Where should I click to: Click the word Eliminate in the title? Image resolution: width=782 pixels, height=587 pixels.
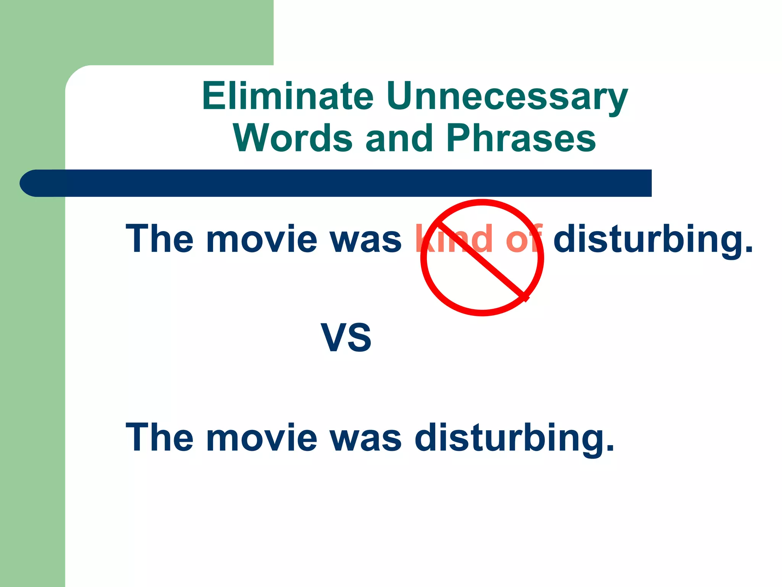point(288,96)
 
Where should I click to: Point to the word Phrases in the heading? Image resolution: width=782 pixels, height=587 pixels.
point(521,138)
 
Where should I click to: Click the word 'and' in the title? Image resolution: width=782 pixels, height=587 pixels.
point(399,138)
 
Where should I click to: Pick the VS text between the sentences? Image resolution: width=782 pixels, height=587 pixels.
point(346,338)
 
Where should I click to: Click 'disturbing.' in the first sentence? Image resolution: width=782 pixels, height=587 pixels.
point(653,239)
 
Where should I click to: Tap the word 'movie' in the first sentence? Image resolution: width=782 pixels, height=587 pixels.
point(262,239)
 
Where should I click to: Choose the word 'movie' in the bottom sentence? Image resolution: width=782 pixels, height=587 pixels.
point(262,438)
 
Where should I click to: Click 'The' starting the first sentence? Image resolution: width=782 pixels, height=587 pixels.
point(160,239)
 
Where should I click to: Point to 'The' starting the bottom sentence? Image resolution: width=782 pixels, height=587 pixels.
point(160,438)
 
